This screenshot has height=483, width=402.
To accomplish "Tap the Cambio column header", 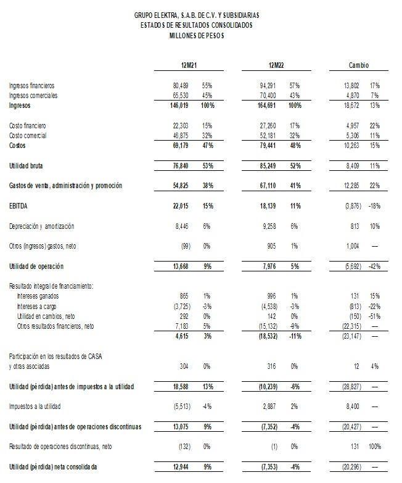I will pyautogui.click(x=359, y=65).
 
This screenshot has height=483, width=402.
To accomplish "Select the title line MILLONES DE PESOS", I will pyautogui.click(x=197, y=36).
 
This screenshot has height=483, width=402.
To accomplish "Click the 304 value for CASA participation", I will pyautogui.click(x=189, y=363).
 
